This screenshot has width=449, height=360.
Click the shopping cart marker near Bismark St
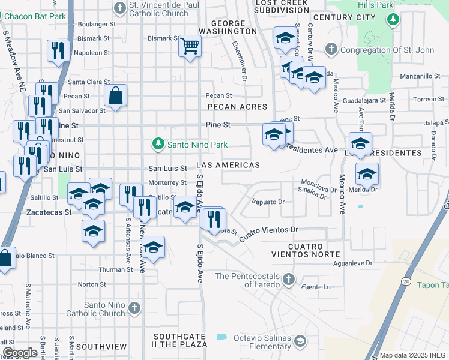[x=190, y=46]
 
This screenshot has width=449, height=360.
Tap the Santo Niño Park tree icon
[x=157, y=144]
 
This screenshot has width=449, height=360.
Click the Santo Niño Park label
[x=197, y=145]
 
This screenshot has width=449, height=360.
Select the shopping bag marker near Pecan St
[x=115, y=95]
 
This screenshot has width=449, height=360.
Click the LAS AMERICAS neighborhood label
[x=228, y=165]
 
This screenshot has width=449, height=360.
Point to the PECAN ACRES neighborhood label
[x=237, y=106]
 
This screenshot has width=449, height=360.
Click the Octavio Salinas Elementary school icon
[x=299, y=341]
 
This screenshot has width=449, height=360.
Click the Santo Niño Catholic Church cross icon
[x=134, y=308]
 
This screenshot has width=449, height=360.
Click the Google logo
[x=20, y=353]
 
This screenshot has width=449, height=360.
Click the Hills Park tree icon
[x=393, y=20]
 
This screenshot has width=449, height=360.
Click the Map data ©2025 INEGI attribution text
[x=413, y=355]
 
